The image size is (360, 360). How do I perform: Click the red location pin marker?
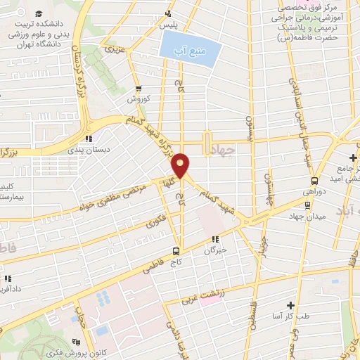pyautogui.click(x=181, y=165)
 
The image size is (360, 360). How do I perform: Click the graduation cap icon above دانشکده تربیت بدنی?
pyautogui.click(x=38, y=14)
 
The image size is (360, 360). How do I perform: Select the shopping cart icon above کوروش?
pyautogui.click(x=139, y=89)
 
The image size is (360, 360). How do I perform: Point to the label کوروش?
pyautogui.click(x=139, y=99)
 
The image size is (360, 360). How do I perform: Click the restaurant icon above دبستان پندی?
pyautogui.click(x=88, y=139)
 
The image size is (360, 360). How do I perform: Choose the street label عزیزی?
pyautogui.click(x=112, y=51)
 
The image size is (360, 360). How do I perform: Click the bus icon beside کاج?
pyautogui.click(x=176, y=250)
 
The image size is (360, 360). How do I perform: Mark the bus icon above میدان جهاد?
pyautogui.click(x=307, y=205)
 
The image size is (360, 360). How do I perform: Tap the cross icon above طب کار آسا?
pyautogui.click(x=290, y=306)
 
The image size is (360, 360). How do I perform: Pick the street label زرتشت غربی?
pyautogui.click(x=208, y=298)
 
